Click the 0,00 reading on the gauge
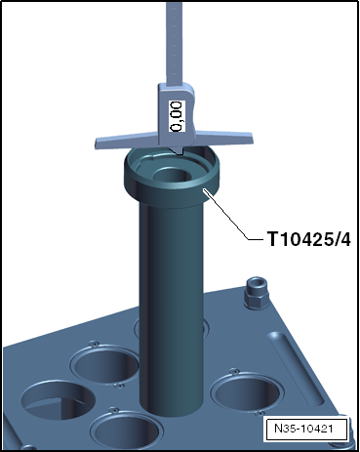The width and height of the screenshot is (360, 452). [177, 116]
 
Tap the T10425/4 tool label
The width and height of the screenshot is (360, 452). [309, 239]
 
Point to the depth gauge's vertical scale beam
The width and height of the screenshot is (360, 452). [174, 42]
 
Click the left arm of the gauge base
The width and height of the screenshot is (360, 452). [127, 141]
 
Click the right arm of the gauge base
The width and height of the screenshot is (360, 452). [223, 137]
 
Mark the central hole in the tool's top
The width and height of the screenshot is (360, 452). [172, 175]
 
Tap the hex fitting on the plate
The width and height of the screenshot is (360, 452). [257, 292]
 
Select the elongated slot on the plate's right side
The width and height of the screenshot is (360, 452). [295, 368]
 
